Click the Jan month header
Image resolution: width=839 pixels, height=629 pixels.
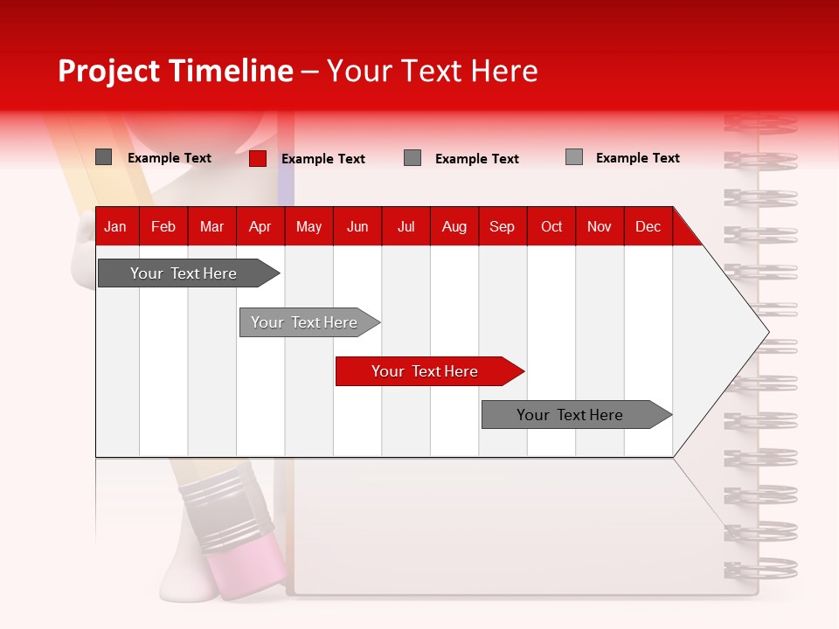[115, 226]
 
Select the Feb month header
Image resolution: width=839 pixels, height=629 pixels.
[163, 226]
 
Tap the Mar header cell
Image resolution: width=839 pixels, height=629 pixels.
[211, 226]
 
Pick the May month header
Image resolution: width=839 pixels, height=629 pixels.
[309, 226]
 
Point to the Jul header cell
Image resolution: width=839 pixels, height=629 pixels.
[406, 226]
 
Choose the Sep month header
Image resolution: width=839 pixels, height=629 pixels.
[502, 226]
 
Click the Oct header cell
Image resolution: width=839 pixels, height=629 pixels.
[551, 226]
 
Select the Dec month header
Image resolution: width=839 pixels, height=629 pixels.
[648, 226]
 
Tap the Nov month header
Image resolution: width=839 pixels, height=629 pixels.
[600, 226]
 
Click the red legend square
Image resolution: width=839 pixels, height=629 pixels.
[258, 158]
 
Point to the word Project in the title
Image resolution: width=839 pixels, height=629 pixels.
[110, 71]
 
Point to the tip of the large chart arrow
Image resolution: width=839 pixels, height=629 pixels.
[766, 332]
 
